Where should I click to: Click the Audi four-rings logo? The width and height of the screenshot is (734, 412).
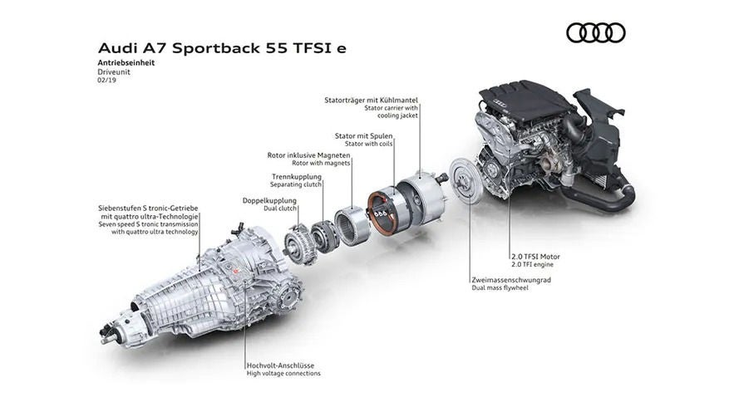click(595, 32)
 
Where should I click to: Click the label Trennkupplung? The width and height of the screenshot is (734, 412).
click(296, 176)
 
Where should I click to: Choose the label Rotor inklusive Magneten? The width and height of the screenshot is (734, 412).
click(308, 154)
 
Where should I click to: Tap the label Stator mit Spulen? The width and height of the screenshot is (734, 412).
click(363, 134)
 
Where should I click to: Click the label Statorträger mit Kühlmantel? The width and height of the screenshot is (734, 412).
click(371, 100)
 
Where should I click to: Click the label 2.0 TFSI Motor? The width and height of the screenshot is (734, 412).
click(535, 257)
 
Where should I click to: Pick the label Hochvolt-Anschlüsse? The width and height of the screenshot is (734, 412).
click(280, 365)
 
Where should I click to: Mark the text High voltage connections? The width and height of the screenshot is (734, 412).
click(283, 374)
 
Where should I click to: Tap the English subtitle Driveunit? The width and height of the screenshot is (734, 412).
click(114, 72)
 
